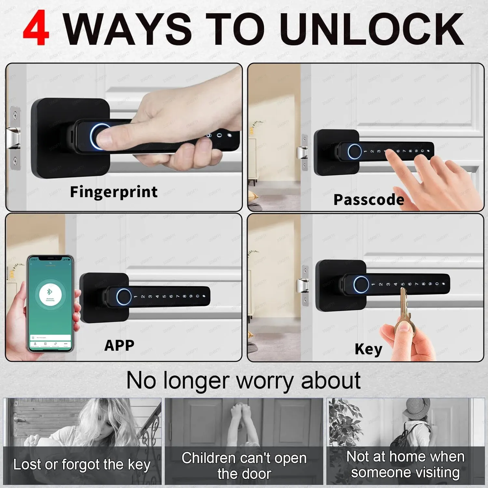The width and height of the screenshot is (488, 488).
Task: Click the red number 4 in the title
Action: point(36,28)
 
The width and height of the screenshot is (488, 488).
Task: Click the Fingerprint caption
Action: point(114,192)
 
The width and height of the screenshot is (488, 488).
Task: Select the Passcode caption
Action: point(369,199)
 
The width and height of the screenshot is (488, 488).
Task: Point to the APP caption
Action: point(119,345)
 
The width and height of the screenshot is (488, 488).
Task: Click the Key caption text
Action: point(368,349)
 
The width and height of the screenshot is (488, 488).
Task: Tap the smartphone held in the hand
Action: point(50,303)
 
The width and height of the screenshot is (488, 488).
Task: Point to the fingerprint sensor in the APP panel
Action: point(123,297)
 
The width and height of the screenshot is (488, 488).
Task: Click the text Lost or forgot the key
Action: point(82,465)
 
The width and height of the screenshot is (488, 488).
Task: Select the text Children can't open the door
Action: point(244,466)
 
